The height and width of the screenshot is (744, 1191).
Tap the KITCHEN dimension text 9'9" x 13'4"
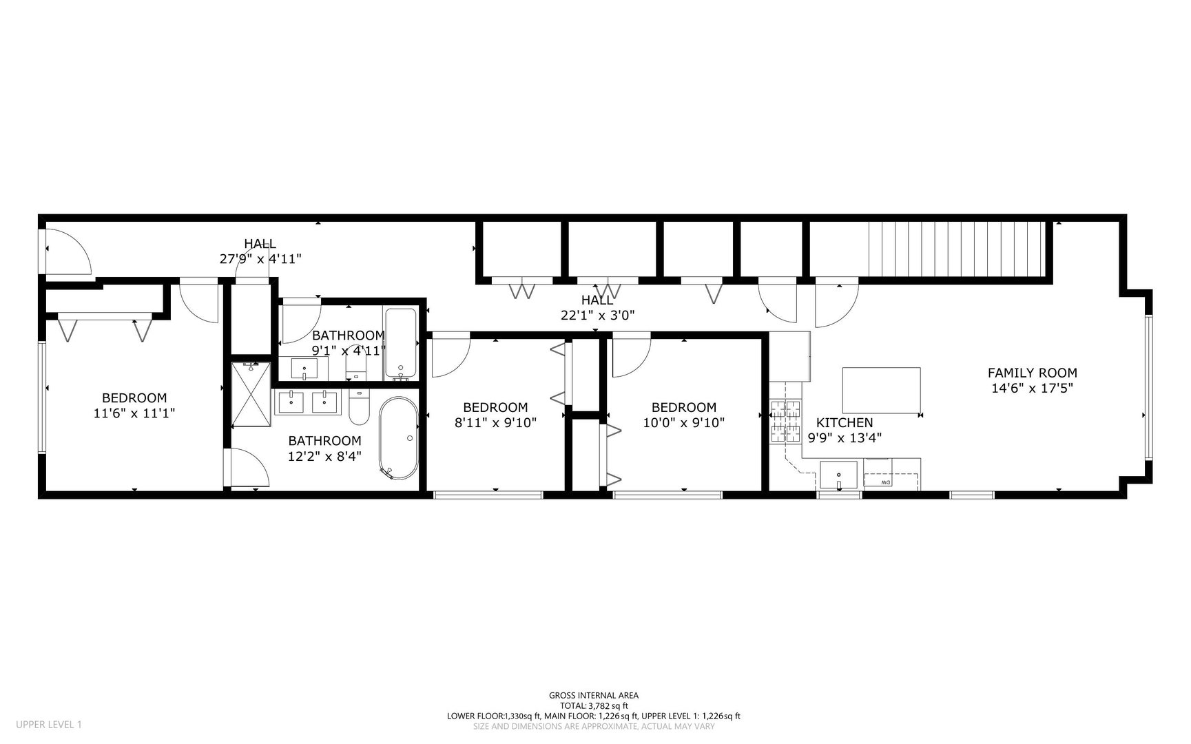(x=845, y=437)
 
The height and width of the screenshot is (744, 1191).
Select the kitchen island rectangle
(x=882, y=391)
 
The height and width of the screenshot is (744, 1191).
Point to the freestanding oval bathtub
(x=398, y=438)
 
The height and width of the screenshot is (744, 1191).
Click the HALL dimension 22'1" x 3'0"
(x=597, y=315)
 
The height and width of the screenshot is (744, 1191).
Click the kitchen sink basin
(x=838, y=475)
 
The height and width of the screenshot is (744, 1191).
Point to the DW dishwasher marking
(x=886, y=482)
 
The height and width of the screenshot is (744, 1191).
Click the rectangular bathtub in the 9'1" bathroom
(x=400, y=344)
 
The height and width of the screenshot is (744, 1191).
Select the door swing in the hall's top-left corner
(x=67, y=251)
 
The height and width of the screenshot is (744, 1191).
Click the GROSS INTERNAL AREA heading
(x=594, y=696)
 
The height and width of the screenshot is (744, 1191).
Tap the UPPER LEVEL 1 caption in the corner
(x=49, y=724)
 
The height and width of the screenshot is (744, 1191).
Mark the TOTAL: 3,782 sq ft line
(x=594, y=705)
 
